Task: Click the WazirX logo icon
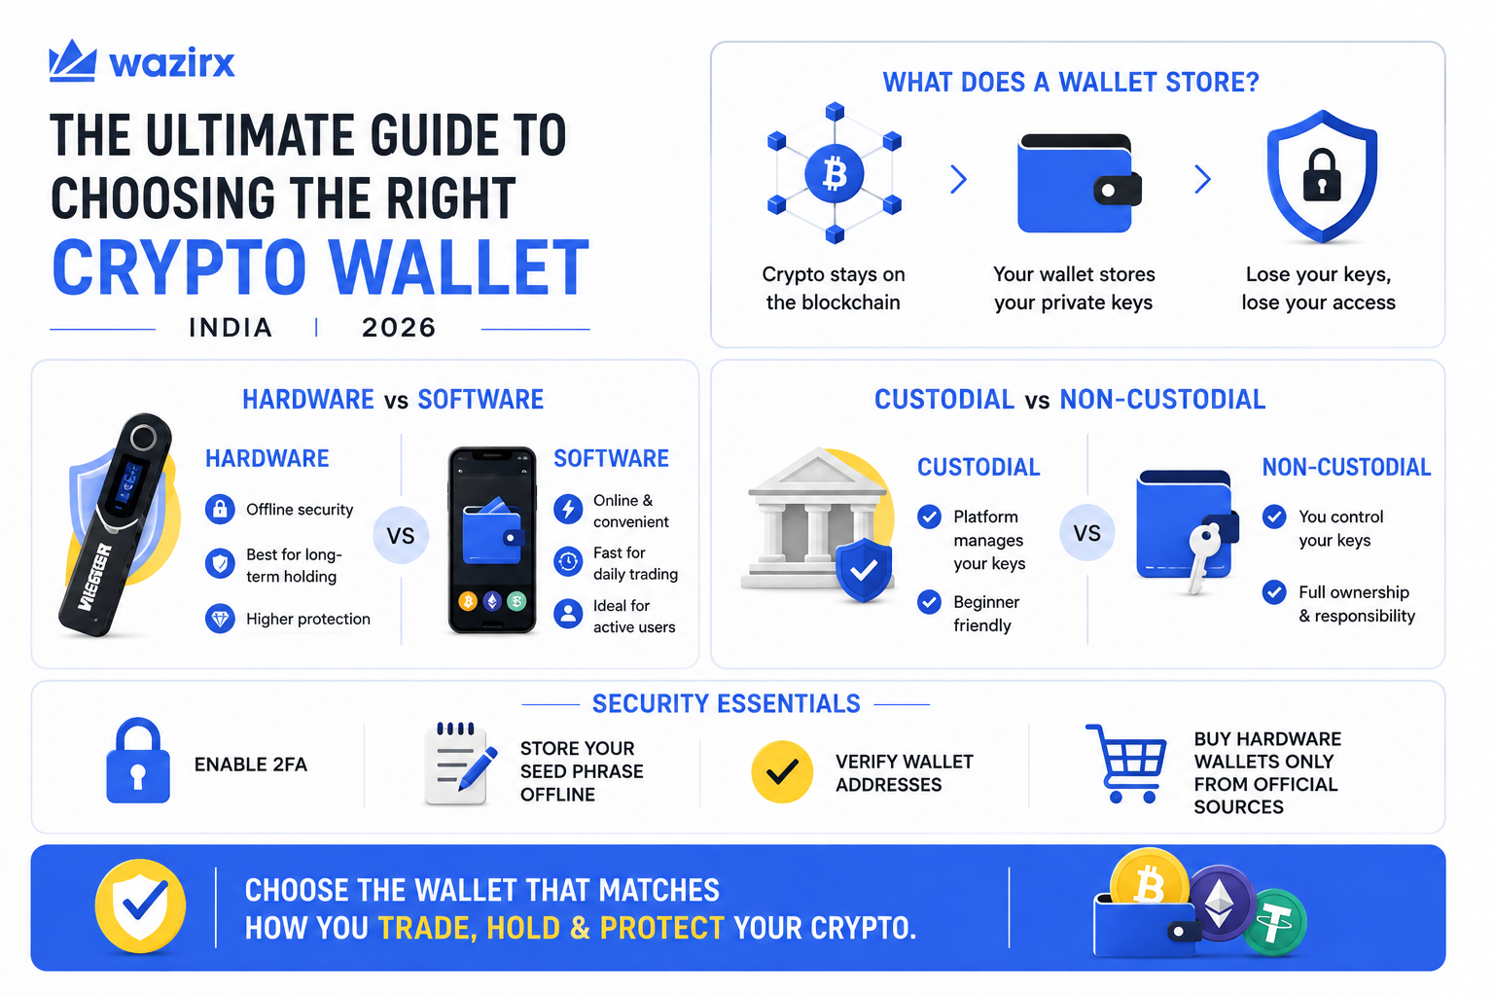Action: pyautogui.click(x=73, y=60)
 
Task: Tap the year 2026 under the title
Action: pyautogui.click(x=399, y=328)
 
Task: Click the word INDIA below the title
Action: pyautogui.click(x=231, y=328)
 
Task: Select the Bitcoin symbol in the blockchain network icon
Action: pyautogui.click(x=834, y=174)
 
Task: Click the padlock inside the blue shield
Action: pyautogui.click(x=1321, y=175)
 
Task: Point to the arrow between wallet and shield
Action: pyautogui.click(x=1202, y=179)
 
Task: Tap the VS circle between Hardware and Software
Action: pyautogui.click(x=401, y=536)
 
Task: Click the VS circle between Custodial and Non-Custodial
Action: pyautogui.click(x=1086, y=532)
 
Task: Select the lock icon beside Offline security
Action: pyautogui.click(x=220, y=510)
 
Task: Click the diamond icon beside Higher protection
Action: pyautogui.click(x=220, y=619)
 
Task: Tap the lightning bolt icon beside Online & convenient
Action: pyautogui.click(x=568, y=510)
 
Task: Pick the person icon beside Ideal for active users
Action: pyautogui.click(x=568, y=615)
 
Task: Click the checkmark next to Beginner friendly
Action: pyautogui.click(x=929, y=602)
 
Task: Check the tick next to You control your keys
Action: pyautogui.click(x=1274, y=516)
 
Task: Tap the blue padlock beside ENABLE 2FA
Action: pyautogui.click(x=138, y=760)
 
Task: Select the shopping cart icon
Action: pyautogui.click(x=1126, y=764)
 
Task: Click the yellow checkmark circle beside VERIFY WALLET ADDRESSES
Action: pyautogui.click(x=782, y=771)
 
